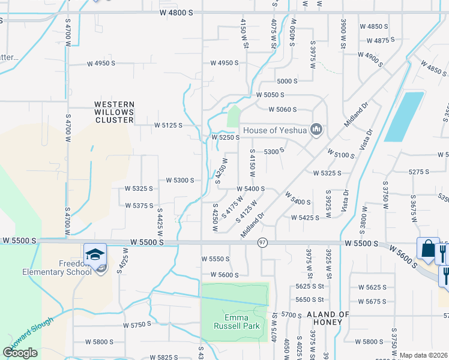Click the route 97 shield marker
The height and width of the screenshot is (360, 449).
click(262, 242)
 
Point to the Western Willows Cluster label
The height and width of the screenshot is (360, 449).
click(114, 112)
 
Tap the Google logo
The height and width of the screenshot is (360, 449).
click(20, 353)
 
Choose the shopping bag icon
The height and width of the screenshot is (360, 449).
click(427, 248)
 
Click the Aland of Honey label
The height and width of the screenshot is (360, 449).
click(328, 318)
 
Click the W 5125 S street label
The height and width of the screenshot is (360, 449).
click(167, 125)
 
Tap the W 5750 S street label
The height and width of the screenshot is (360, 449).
click(137, 325)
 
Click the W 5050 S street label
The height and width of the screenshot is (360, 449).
click(270, 95)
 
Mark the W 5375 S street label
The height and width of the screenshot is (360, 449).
click(139, 206)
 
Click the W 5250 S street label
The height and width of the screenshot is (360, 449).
click(226, 137)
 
